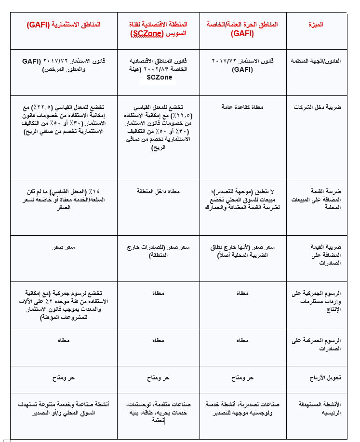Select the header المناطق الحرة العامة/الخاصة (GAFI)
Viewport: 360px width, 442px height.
[242, 29]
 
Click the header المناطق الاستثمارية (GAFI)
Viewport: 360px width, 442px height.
[64, 25]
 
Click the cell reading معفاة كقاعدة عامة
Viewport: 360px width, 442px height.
[242, 107]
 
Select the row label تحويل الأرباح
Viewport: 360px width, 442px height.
[325, 378]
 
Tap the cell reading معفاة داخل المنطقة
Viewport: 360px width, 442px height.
[159, 191]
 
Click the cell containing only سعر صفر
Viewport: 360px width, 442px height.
[64, 247]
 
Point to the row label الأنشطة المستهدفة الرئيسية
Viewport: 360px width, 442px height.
[323, 408]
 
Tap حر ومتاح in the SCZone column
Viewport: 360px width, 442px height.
[159, 378]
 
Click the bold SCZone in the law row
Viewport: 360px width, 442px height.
[159, 77]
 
